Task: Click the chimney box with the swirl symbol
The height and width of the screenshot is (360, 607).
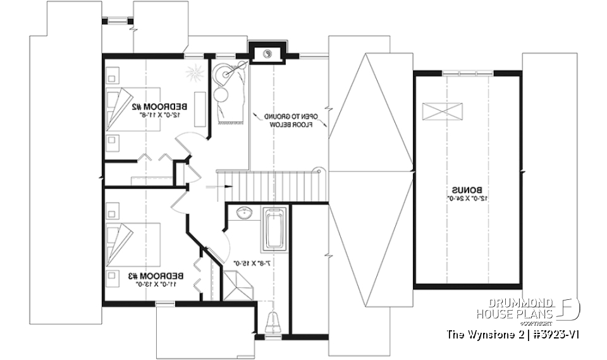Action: [x=267, y=54]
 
